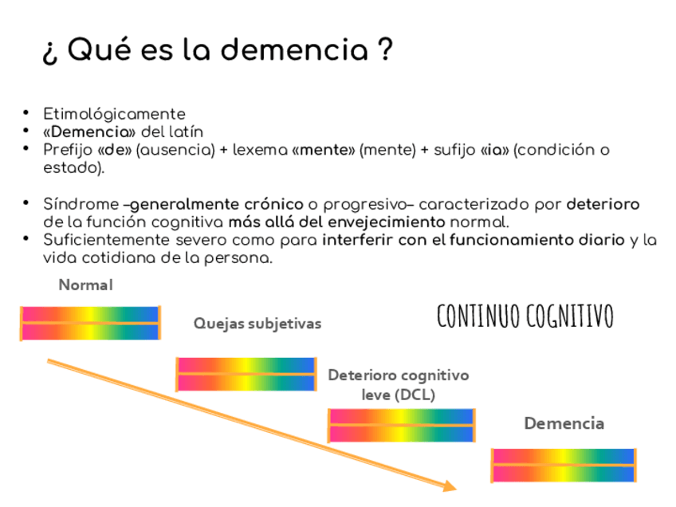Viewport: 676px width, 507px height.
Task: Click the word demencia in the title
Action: [x=290, y=51]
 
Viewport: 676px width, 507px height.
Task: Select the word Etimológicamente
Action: [x=114, y=114]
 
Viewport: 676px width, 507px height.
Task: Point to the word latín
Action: [x=186, y=132]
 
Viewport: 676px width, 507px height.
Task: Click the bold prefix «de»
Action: [x=114, y=150]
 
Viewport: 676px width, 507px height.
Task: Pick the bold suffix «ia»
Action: [x=494, y=150]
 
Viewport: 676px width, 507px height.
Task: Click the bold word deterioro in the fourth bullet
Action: [x=603, y=204]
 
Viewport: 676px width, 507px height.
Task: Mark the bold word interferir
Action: [x=358, y=240]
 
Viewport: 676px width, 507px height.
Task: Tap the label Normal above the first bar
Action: [x=85, y=285]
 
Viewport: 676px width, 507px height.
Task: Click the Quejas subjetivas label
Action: [x=257, y=324]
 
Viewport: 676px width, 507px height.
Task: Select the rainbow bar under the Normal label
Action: [x=90, y=323]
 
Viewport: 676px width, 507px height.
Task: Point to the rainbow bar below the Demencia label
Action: [x=563, y=466]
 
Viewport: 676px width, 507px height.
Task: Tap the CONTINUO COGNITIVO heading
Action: [x=525, y=316]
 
